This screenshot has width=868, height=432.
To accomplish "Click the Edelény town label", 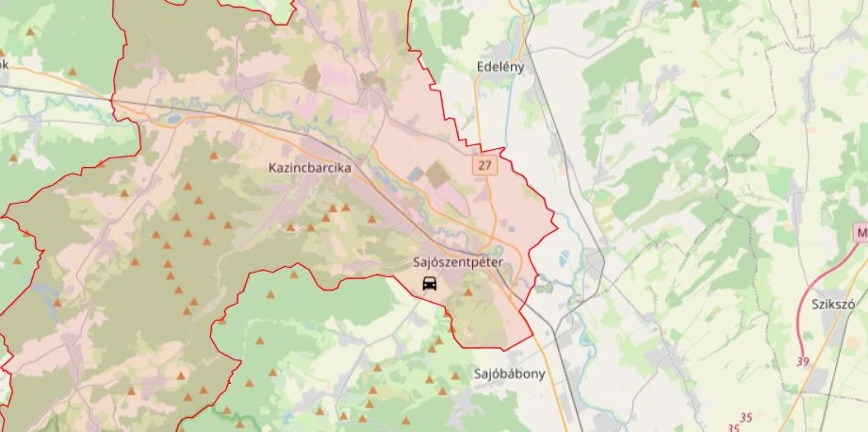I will click(500, 67).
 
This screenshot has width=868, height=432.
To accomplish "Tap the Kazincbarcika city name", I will click(309, 168).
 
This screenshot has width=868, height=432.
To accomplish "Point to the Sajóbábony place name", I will click(509, 374).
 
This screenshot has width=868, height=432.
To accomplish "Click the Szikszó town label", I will click(832, 304).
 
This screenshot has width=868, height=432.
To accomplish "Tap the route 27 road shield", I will click(484, 165).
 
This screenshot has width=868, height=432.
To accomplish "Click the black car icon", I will click(430, 284).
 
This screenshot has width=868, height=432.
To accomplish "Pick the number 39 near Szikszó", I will click(802, 361).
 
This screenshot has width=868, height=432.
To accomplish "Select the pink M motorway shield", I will click(860, 232).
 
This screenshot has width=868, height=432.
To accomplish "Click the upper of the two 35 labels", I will click(746, 416).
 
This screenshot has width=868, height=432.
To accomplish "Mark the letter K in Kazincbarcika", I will click(273, 168).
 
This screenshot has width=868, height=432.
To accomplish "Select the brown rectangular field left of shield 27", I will click(436, 174).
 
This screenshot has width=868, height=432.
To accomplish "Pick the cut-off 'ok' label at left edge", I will click(4, 64).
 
